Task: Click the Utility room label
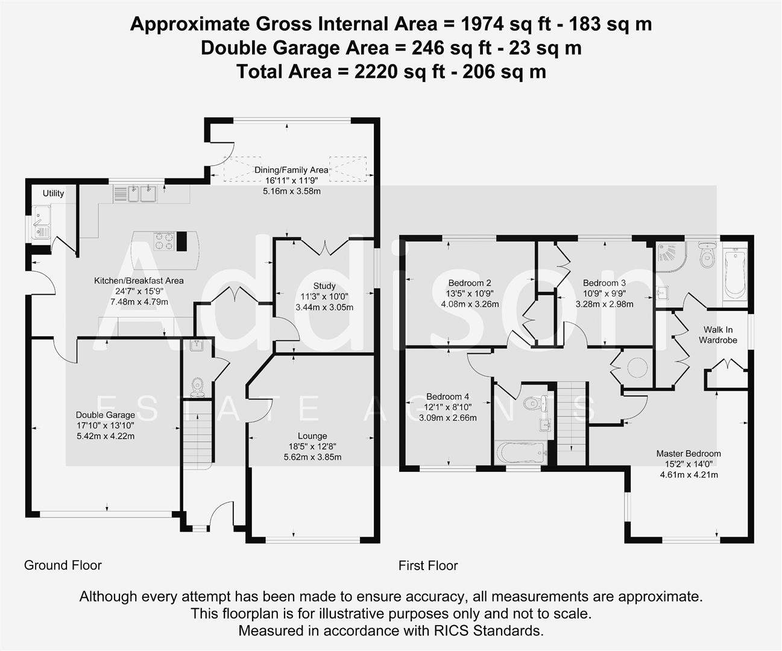[53, 193]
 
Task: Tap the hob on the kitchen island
[165, 241]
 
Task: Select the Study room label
[324, 286]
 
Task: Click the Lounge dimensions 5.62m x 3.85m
[312, 457]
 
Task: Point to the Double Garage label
[106, 415]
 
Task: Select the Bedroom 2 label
[470, 283]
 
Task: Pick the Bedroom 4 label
[447, 396]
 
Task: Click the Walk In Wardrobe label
[717, 335]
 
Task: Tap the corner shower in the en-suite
[670, 256]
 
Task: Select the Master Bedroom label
[689, 453]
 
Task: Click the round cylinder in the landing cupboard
[638, 367]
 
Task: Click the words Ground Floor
[63, 565]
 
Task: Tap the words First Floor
[427, 566]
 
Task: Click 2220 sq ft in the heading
[391, 72]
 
